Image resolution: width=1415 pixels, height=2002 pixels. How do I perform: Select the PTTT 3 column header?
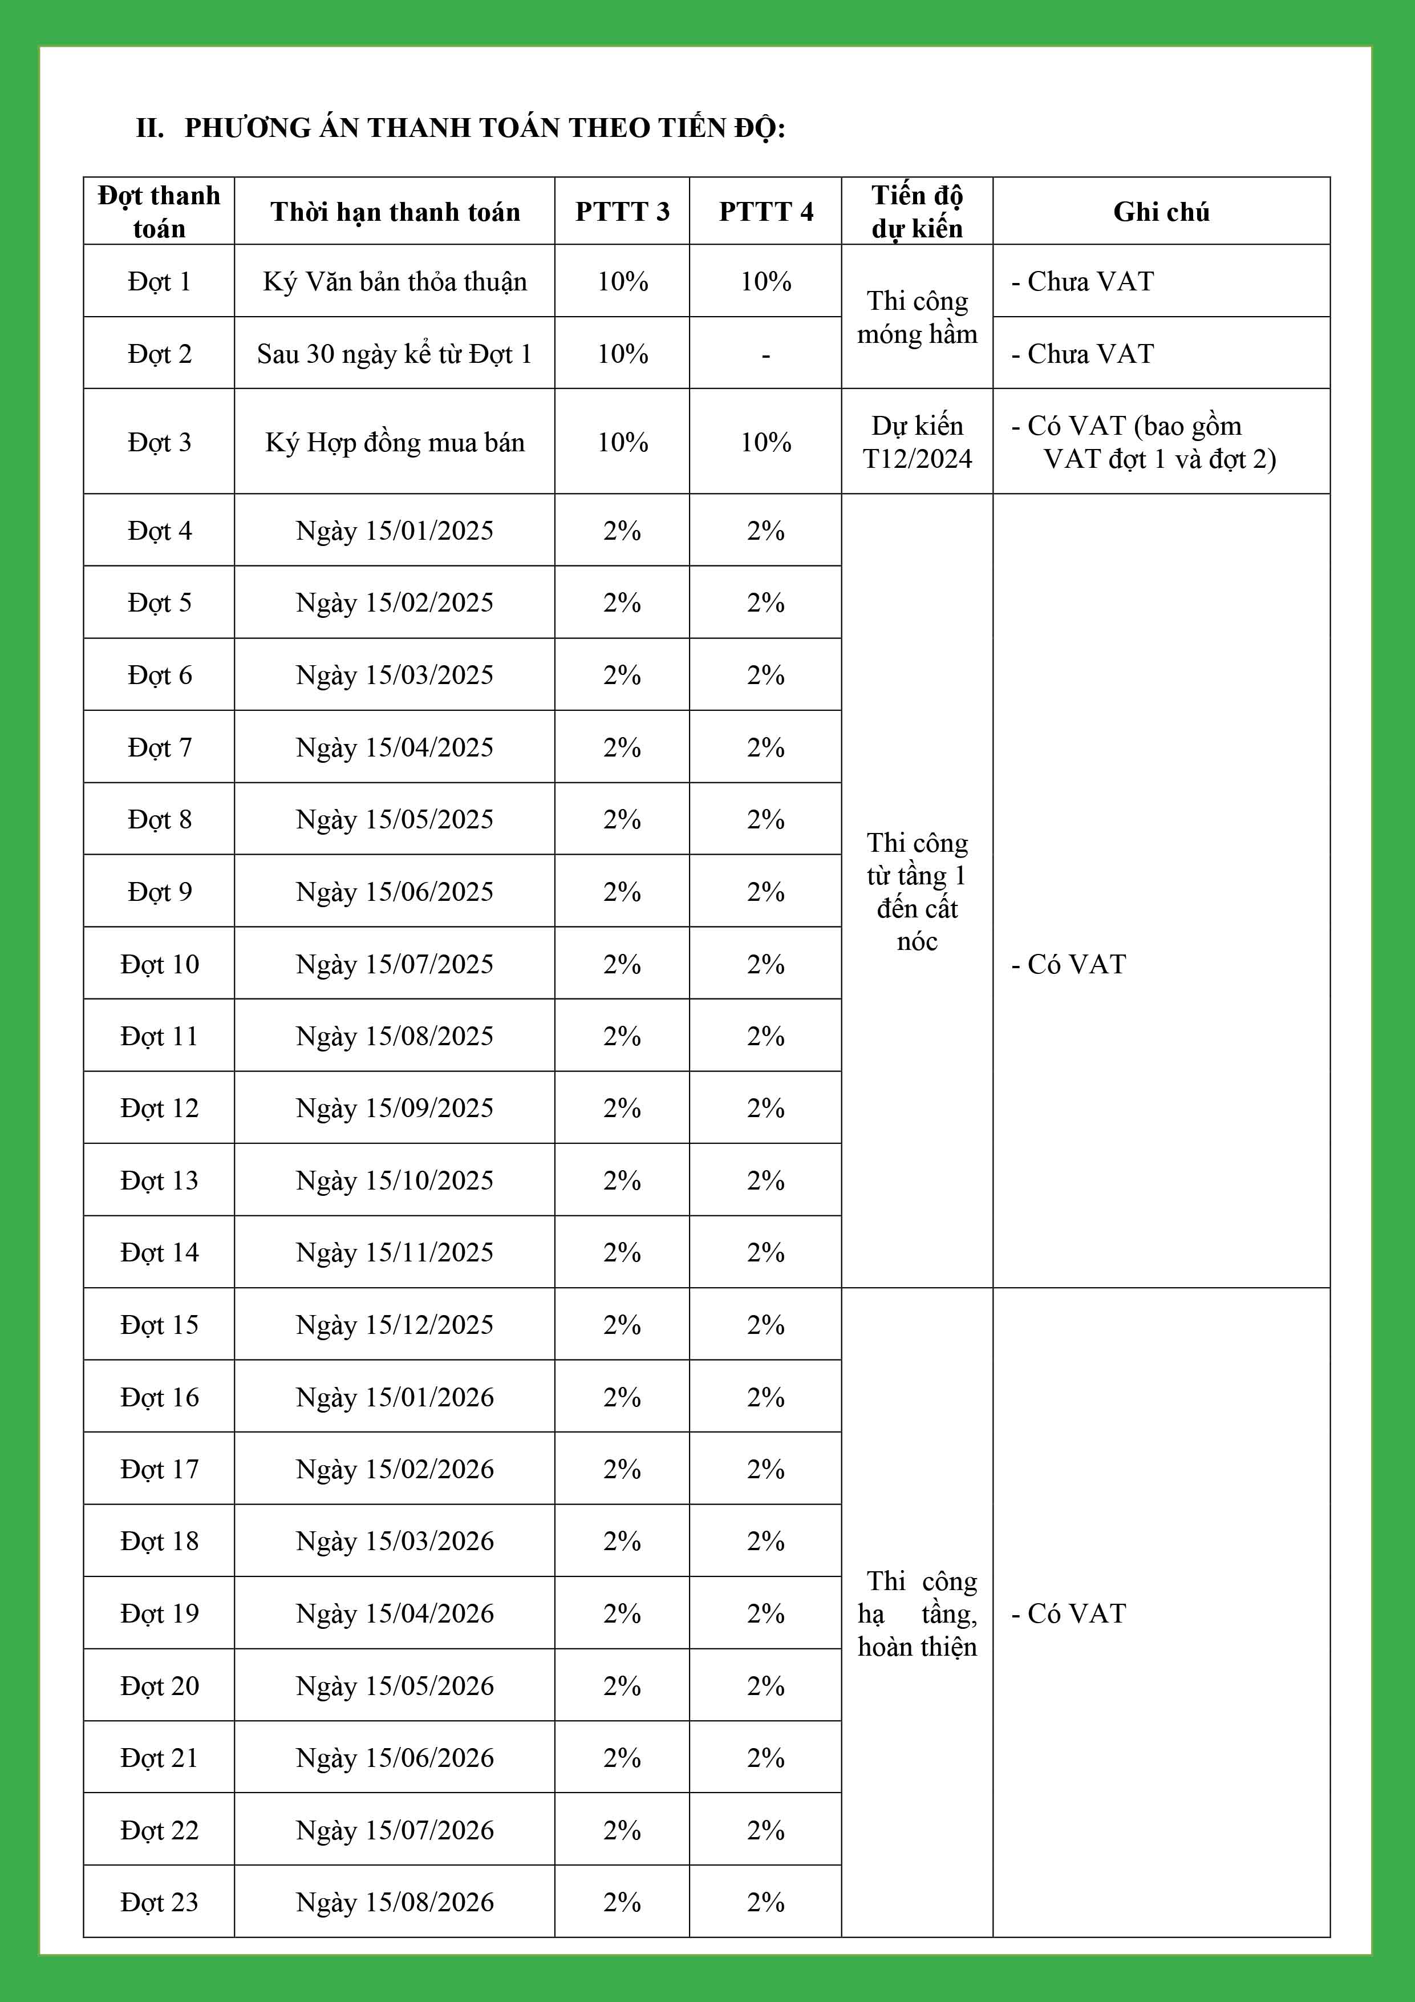pyautogui.click(x=622, y=212)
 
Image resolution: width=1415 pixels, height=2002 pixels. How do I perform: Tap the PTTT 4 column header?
pyautogui.click(x=765, y=212)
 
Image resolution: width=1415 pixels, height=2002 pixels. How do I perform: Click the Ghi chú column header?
pyautogui.click(x=1161, y=212)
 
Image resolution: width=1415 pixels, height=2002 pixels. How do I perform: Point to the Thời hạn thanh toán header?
pyautogui.click(x=394, y=212)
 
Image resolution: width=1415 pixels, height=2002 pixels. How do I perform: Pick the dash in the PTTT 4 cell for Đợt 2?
pyautogui.click(x=765, y=355)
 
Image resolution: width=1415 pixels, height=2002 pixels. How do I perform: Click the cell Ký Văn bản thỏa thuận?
pyautogui.click(x=394, y=282)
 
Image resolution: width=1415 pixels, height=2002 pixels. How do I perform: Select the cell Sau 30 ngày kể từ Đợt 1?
pyautogui.click(x=394, y=354)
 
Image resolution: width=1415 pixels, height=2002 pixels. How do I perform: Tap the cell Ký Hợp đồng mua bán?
pyautogui.click(x=394, y=442)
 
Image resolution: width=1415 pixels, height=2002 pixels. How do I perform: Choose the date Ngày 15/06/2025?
pyautogui.click(x=394, y=891)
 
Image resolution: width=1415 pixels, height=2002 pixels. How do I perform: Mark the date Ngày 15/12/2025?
pyautogui.click(x=394, y=1325)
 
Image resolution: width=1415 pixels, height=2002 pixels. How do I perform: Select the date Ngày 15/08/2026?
pyautogui.click(x=394, y=1901)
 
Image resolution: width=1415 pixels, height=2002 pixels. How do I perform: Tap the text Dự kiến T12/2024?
pyautogui.click(x=917, y=442)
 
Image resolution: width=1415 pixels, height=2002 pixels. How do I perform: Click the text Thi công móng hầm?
pyautogui.click(x=917, y=317)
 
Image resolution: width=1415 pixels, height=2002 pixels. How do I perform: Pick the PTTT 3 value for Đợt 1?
pyautogui.click(x=622, y=282)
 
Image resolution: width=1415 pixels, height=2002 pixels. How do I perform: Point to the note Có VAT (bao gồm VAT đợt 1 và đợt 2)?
pyautogui.click(x=1142, y=442)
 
